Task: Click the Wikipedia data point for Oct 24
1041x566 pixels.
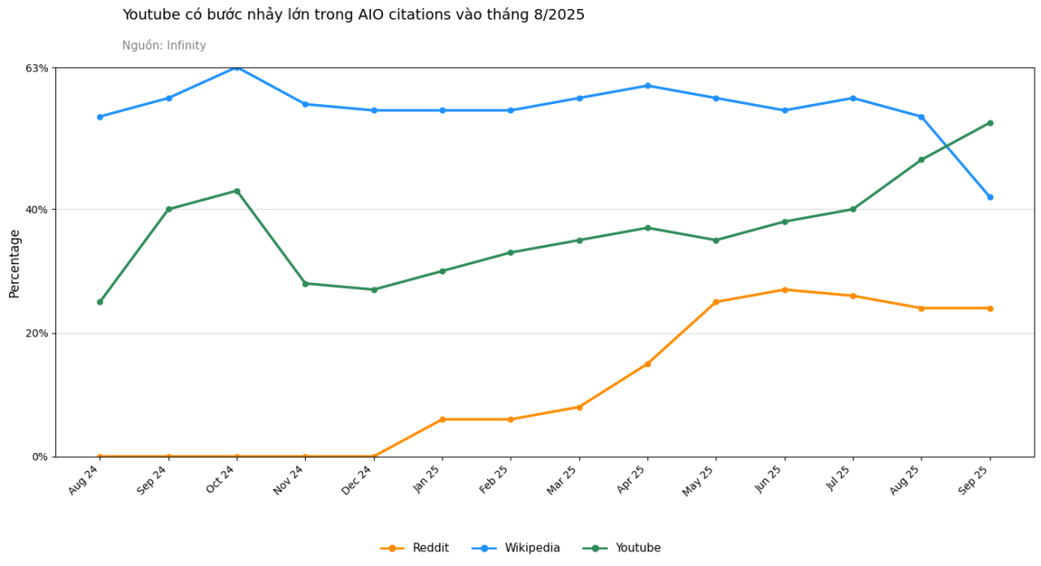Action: click(x=237, y=67)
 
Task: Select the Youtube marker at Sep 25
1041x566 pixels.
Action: click(x=990, y=123)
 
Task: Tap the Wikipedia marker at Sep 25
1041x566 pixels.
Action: click(x=990, y=197)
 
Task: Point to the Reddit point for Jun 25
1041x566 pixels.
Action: click(x=785, y=290)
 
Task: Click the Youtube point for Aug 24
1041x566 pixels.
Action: click(x=100, y=302)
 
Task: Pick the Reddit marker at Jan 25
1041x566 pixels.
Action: click(x=442, y=420)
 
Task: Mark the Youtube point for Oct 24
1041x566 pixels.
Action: click(x=237, y=191)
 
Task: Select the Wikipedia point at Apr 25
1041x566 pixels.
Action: click(x=648, y=86)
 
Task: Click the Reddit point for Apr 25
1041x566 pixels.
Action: click(x=648, y=364)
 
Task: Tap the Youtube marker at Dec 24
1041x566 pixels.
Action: click(x=374, y=290)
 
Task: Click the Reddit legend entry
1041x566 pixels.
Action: click(x=415, y=548)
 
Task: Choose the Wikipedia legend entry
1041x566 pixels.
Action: click(x=516, y=548)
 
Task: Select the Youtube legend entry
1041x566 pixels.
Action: click(x=621, y=548)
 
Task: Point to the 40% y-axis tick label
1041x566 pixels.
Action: click(x=37, y=210)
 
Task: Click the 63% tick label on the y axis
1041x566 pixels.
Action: click(x=37, y=68)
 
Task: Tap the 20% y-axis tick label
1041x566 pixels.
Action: click(x=37, y=333)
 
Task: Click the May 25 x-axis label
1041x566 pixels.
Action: click(x=700, y=481)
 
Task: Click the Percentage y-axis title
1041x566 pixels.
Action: click(x=15, y=264)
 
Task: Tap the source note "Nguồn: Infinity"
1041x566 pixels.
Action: click(x=164, y=46)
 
